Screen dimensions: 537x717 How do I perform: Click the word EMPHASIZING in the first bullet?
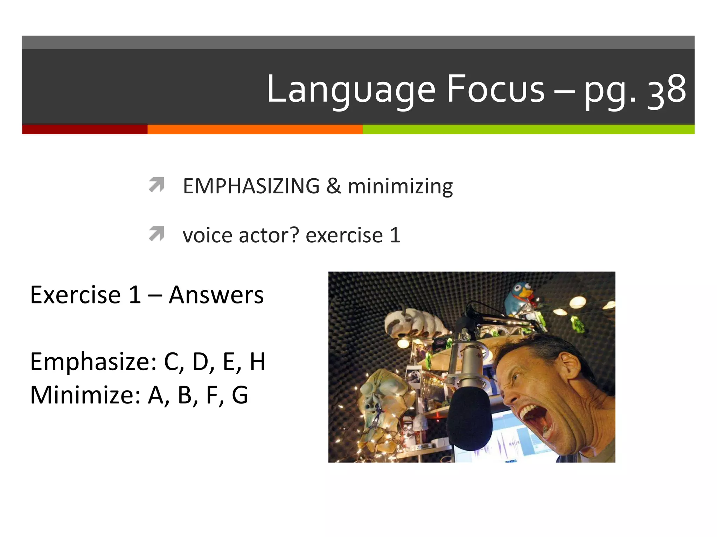click(x=251, y=186)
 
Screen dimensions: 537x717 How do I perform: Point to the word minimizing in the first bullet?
click(x=400, y=186)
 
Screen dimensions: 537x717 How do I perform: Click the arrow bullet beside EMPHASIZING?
click(x=156, y=185)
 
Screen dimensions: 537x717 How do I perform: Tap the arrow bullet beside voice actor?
click(x=156, y=234)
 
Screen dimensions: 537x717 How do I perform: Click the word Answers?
click(x=216, y=295)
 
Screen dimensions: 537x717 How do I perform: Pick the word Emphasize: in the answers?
click(x=93, y=362)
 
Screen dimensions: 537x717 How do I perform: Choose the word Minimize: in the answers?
click(x=85, y=395)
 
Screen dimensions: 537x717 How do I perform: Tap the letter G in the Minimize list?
click(x=240, y=395)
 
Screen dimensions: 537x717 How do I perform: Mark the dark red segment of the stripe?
click(x=85, y=129)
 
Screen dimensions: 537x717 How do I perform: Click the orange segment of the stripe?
click(x=255, y=129)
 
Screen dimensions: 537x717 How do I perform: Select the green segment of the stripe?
click(x=528, y=129)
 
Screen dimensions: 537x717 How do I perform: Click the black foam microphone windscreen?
click(x=469, y=418)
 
